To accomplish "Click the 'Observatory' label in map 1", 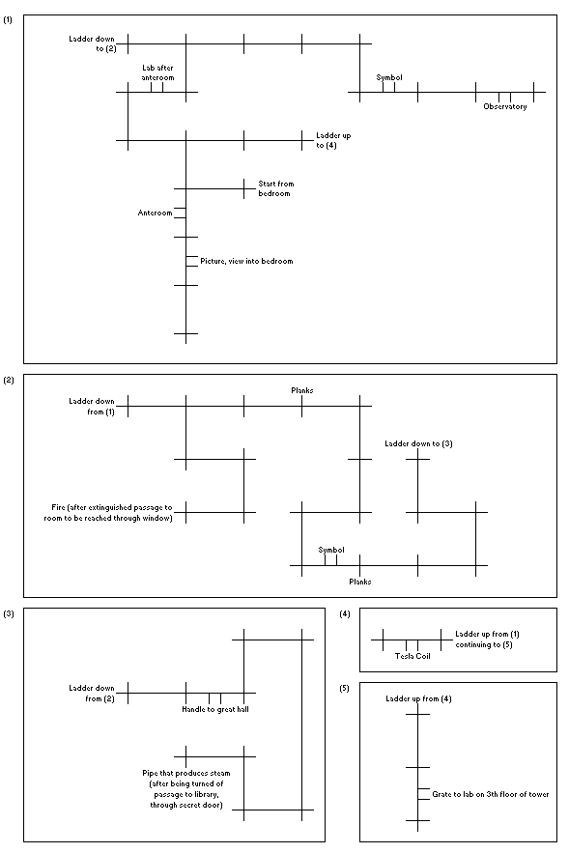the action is (505, 106).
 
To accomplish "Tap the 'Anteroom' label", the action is (155, 213).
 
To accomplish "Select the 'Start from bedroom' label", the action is (275, 188).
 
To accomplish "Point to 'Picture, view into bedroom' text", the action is (246, 261).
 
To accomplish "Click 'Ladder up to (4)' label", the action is (333, 140).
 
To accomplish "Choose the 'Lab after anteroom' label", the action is (157, 72).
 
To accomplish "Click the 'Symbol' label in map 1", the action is (389, 77).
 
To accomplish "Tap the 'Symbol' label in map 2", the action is (331, 550).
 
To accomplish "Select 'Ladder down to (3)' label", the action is (418, 443).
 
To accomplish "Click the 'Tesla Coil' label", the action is (413, 656).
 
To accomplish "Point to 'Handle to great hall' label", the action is (215, 709).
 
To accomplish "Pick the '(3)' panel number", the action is (9, 613).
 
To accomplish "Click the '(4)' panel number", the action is (344, 613).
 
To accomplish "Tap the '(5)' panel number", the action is (344, 688).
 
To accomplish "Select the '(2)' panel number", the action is (9, 381).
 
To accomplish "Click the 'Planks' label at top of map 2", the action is (302, 390).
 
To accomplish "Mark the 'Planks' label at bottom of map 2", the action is (360, 582).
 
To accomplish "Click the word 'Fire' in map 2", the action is (58, 507).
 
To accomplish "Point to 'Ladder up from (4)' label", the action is (418, 698).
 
